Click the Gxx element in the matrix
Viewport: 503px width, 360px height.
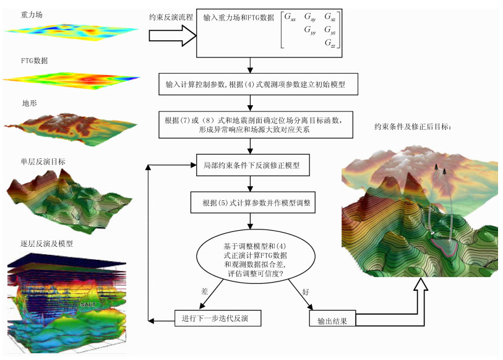click(290, 18)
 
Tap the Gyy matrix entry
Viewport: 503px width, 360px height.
click(310, 30)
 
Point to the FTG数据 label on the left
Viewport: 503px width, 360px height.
click(34, 61)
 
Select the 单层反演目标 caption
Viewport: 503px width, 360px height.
click(43, 161)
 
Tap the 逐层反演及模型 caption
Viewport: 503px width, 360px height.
click(46, 244)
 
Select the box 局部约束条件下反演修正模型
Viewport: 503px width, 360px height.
click(249, 166)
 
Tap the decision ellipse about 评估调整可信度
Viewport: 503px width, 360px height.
click(250, 255)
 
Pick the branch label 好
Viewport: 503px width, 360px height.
click(306, 291)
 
